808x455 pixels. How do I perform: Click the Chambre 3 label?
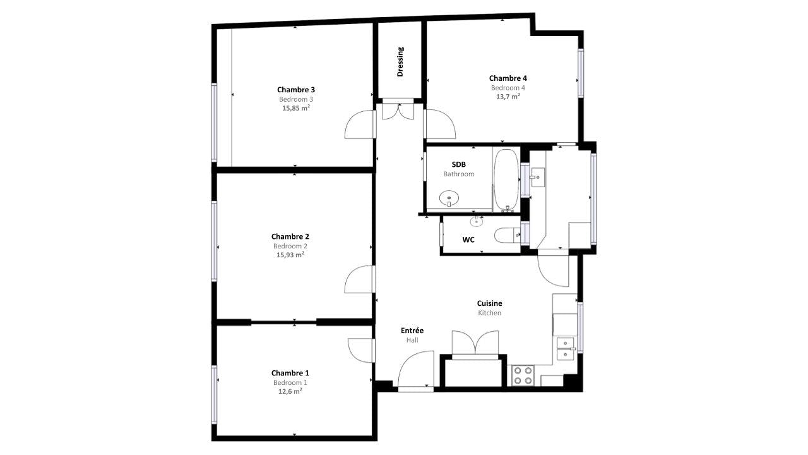pos(296,90)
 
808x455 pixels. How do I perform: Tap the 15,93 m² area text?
pos(290,255)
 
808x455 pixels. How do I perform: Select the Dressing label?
pos(400,62)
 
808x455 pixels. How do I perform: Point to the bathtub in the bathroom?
pos(506,180)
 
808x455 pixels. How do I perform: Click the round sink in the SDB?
pos(449,198)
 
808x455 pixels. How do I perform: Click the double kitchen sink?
pos(566,349)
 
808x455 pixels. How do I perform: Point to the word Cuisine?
pos(489,303)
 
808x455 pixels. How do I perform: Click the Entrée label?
pos(412,331)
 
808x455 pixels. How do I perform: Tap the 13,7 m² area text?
pos(508,97)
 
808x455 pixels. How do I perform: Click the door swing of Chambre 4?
pos(440,124)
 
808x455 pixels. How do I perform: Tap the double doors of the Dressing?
pos(398,111)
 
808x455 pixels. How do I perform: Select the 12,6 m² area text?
pos(290,391)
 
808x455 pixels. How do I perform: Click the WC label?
pos(468,240)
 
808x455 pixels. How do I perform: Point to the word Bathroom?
pos(458,174)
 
